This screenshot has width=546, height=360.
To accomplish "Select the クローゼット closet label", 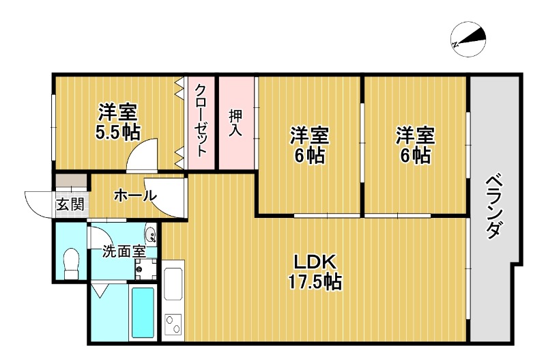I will [201, 121].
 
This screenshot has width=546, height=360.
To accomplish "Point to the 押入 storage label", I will [235, 124].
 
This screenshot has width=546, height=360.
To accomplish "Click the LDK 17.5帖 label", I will [314, 271].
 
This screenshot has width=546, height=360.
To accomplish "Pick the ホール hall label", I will [134, 196].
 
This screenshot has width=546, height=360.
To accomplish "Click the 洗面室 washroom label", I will [124, 251].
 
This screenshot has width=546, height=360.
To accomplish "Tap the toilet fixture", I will [70, 262].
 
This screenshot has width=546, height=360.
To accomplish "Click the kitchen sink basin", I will [173, 283].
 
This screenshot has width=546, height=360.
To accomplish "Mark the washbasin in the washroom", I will [150, 236].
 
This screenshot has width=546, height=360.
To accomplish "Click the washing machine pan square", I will [143, 268].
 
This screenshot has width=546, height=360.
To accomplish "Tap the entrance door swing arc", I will [38, 202].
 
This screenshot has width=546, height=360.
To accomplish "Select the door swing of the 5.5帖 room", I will [145, 153].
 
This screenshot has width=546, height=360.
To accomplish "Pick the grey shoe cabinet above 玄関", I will [71, 182].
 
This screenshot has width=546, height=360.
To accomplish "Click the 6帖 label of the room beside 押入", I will [310, 146].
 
